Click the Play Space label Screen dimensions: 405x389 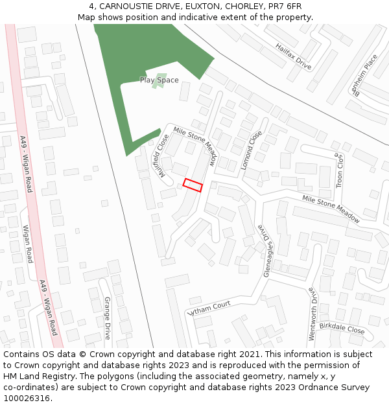pos(159,80)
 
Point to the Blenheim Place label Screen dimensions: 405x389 pos(363,75)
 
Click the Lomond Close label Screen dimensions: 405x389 pos(252,150)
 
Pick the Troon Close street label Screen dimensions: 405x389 pos(338,170)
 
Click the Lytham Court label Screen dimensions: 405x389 pos(209,307)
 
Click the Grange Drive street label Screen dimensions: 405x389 pos(107,318)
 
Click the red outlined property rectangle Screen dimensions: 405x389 pos(193,185)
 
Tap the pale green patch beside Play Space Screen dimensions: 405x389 pos(158,84)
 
